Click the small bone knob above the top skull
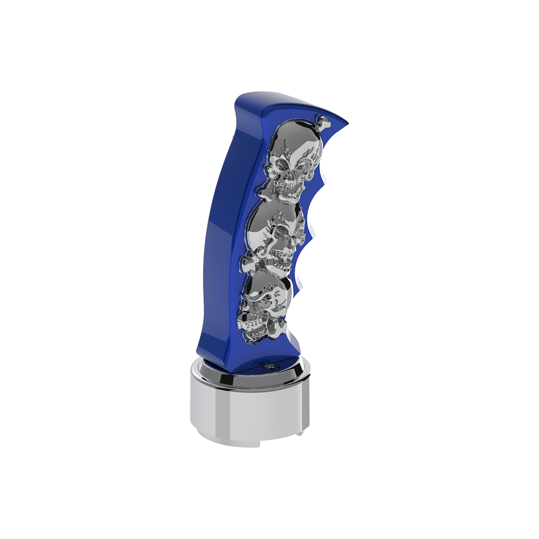pyautogui.click(x=323, y=120)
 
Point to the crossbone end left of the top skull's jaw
pyautogui.click(x=265, y=191)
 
